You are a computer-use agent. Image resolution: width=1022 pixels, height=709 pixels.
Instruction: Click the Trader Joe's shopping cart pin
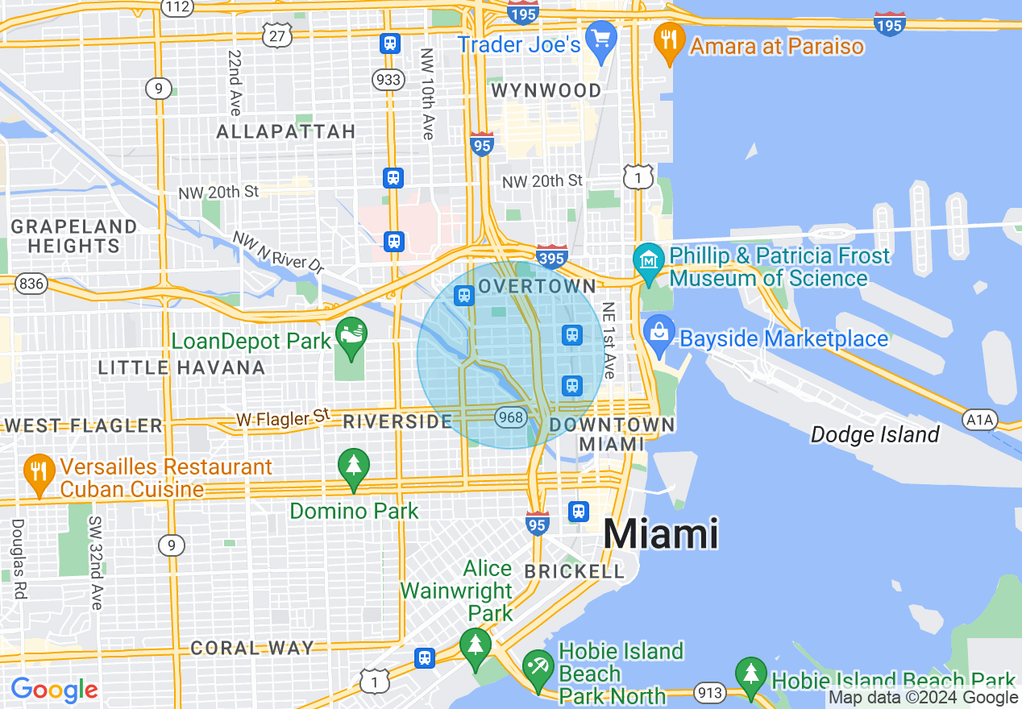[600, 39]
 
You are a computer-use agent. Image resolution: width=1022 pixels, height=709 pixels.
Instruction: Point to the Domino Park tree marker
[353, 467]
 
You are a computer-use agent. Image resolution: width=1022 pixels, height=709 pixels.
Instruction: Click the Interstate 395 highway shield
[551, 258]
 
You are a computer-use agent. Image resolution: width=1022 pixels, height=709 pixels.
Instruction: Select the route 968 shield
[511, 417]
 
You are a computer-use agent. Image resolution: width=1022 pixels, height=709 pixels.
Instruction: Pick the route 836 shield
[31, 284]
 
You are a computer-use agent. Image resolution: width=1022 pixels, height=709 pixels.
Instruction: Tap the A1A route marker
[980, 419]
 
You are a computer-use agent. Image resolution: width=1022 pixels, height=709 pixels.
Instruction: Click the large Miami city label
[660, 533]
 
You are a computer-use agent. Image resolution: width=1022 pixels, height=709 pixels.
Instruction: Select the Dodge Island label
[875, 435]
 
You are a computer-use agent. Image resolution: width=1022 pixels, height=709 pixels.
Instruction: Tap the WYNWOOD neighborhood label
[546, 91]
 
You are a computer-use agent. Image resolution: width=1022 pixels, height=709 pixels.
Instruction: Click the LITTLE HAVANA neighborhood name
[181, 368]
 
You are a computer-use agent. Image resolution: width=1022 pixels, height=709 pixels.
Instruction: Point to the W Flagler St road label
[283, 418]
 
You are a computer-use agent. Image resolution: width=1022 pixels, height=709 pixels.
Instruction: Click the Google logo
[54, 690]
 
